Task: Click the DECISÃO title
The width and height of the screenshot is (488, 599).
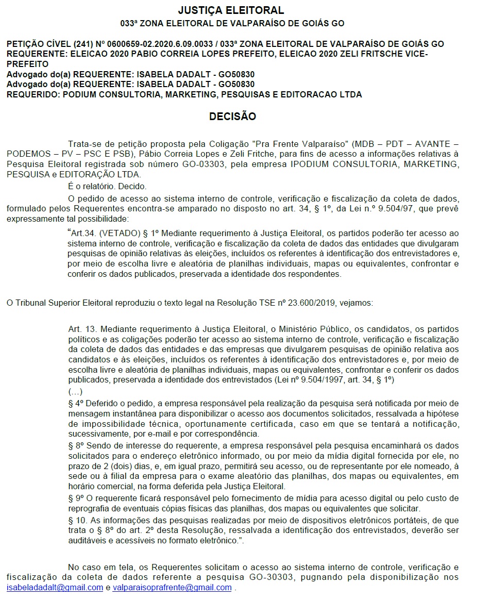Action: point(232,117)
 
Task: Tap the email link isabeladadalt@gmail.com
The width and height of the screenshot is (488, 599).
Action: point(55,588)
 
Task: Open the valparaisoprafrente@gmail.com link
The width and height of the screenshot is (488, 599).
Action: point(172,588)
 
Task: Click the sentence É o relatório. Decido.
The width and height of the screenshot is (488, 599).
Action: point(107,186)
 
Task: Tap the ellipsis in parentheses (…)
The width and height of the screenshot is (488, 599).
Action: point(75,391)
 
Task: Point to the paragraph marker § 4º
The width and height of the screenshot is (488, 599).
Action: point(76,403)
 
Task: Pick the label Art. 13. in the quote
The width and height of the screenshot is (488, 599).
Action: point(81,328)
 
